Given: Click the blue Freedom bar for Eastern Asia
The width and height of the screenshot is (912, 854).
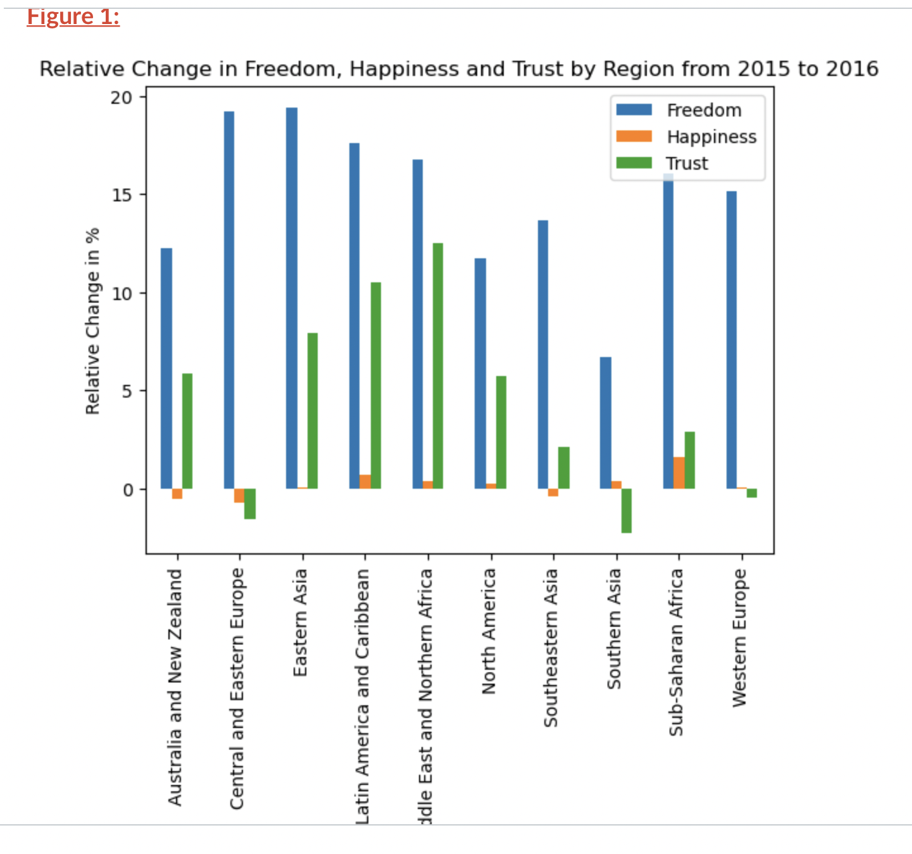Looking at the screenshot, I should tap(291, 298).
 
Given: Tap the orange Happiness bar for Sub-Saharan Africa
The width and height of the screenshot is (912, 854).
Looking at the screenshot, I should tap(678, 473).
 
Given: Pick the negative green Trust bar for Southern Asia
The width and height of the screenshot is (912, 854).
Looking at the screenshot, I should tap(626, 510).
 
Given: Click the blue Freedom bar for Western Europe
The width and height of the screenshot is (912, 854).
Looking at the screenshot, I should tap(731, 339).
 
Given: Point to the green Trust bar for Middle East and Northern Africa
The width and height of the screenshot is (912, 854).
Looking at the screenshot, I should tap(437, 365).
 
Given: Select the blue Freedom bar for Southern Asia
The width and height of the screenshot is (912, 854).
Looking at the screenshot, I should tap(606, 422).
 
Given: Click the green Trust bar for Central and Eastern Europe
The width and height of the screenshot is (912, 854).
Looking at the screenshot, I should tap(249, 503).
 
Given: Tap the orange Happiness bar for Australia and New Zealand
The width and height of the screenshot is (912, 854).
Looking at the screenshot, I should tap(177, 494).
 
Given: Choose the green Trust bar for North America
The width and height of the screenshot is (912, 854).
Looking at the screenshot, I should tap(501, 432).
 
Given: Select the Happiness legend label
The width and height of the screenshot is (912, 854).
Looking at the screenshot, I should tap(711, 137).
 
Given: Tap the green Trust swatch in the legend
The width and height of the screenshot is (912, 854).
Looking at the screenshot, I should tap(634, 163).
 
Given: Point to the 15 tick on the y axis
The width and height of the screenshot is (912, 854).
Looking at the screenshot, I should tap(122, 195).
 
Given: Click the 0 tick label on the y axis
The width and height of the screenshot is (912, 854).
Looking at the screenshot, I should tap(128, 489).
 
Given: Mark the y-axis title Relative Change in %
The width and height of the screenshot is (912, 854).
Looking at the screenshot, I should tap(92, 321).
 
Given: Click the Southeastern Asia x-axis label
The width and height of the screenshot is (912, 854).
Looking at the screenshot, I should tap(551, 647).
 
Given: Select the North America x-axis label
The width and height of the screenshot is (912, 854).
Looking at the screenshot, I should tap(489, 631).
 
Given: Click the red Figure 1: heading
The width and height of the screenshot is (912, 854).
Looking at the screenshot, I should tap(73, 16).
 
